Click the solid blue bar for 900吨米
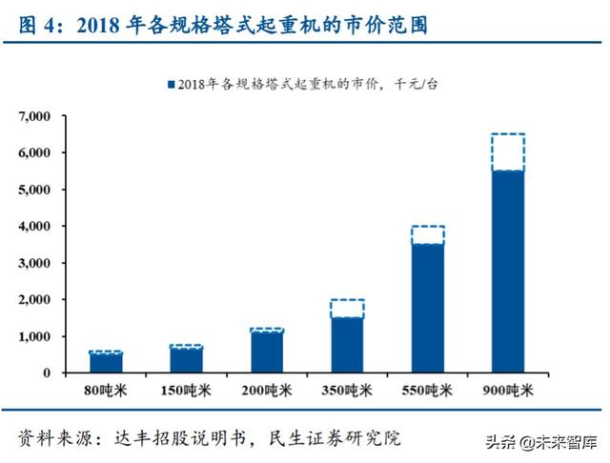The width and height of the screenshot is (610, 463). tap(507, 272)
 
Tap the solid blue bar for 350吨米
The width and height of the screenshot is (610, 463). tap(347, 344)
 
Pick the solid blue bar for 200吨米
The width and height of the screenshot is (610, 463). tap(267, 352)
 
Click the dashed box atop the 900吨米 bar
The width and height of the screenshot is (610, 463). tap(507, 152)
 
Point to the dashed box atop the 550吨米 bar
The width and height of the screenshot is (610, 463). tap(427, 235)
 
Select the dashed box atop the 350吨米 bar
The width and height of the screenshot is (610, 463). tap(347, 309)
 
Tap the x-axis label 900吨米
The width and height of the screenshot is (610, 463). tap(507, 392)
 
